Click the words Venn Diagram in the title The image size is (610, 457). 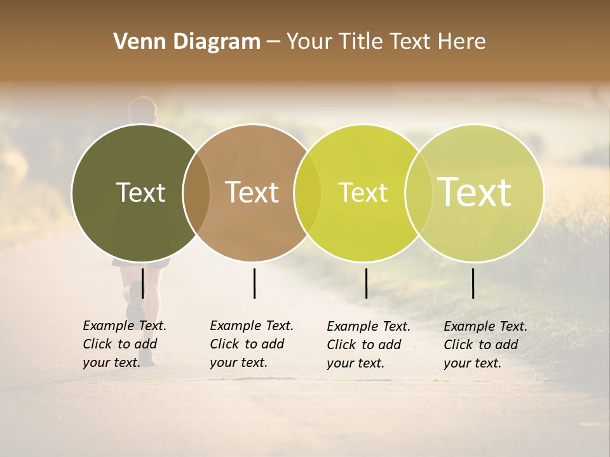pos(187,42)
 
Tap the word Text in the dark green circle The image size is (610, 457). pos(140,192)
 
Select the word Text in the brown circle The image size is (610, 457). pos(252,192)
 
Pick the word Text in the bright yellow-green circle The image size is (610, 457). pos(363,192)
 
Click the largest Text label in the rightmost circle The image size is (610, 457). pos(475,192)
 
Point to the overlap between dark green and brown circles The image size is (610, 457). pos(196,193)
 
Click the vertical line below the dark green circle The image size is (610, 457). pos(143,283)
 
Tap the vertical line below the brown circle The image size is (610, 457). pos(254,283)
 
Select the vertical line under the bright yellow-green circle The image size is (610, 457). pos(367,283)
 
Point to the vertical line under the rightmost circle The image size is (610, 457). pos(473,283)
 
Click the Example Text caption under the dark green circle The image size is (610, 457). pos(125,344)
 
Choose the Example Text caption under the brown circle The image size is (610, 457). pos(252,344)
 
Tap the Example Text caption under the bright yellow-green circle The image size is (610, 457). pos(369,345)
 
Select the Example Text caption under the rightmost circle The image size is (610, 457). pos(485,345)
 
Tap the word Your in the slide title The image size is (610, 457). pos(309,42)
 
